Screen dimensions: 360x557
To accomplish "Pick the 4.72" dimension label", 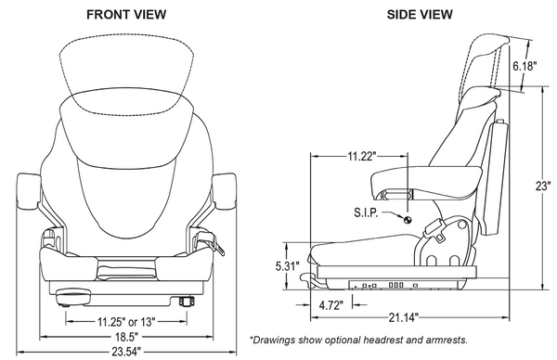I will pos(330,304).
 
